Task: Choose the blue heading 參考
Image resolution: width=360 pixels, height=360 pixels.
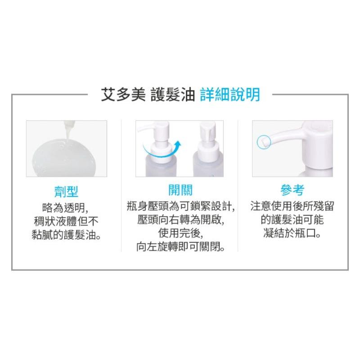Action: click(x=292, y=191)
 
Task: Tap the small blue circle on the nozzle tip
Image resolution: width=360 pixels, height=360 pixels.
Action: click(x=261, y=142)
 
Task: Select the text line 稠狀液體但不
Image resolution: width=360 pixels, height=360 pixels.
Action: click(x=67, y=221)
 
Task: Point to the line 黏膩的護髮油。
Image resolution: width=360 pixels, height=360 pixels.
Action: click(x=67, y=234)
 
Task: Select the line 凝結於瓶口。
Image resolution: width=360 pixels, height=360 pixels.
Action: click(x=292, y=234)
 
